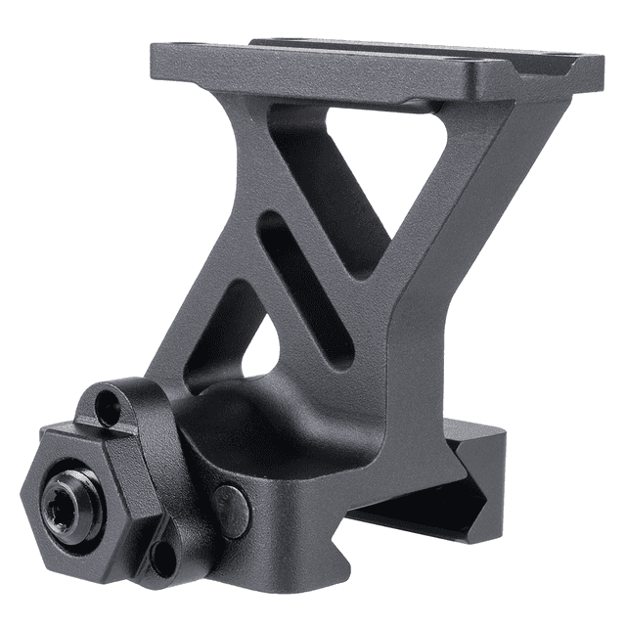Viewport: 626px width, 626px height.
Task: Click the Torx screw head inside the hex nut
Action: (67, 503)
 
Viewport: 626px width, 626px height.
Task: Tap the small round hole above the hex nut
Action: (107, 402)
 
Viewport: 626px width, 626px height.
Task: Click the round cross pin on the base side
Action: (232, 509)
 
